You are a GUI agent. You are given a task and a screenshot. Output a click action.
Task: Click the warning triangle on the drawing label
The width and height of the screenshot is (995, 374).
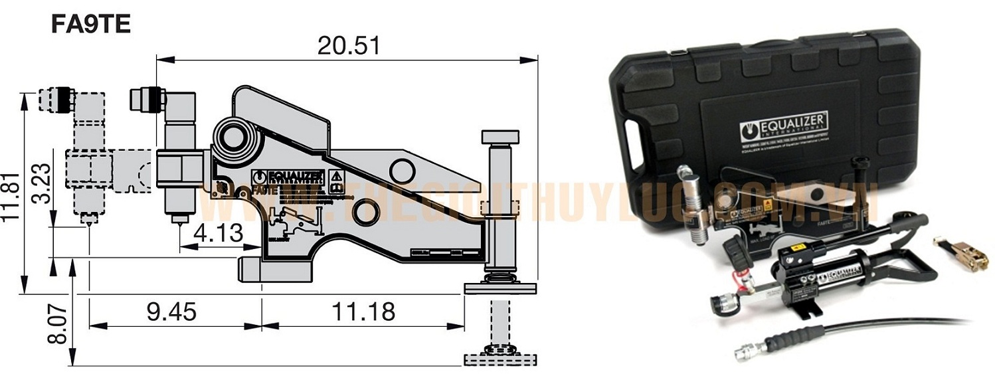point(337,176)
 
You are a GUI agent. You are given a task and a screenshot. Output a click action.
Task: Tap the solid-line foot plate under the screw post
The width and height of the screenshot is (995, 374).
point(499,288)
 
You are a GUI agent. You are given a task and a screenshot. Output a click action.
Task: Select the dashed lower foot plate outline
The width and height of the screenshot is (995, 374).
point(499,359)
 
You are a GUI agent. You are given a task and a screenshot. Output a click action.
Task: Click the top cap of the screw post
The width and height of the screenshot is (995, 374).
point(499,136)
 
